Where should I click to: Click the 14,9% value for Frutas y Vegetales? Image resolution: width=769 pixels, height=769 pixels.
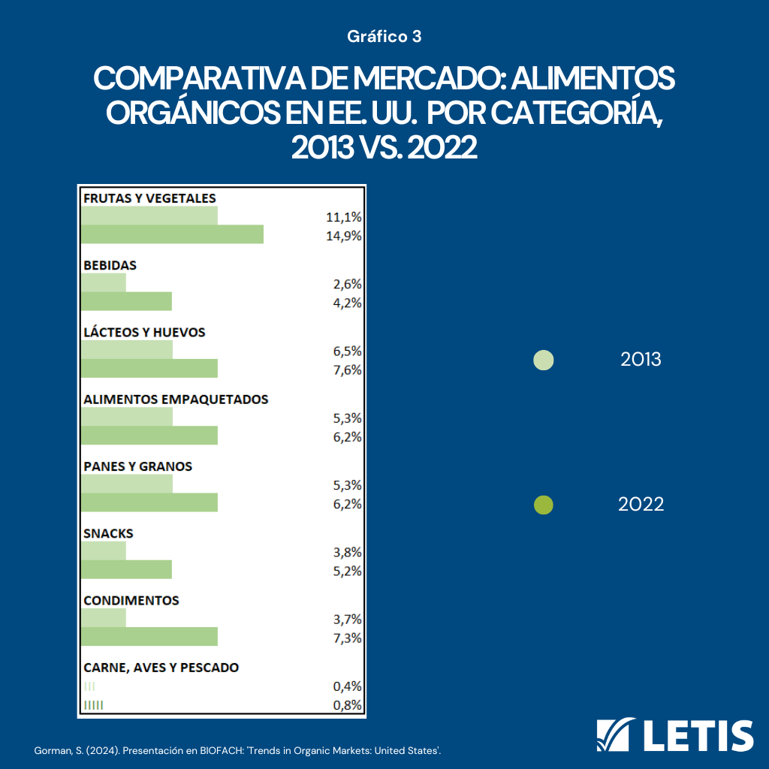(x=345, y=236)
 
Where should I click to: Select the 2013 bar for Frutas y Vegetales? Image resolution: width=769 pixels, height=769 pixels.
(x=149, y=216)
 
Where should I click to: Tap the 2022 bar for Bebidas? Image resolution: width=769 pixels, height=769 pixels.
(x=126, y=301)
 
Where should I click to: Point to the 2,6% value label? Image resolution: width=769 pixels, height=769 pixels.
(x=348, y=285)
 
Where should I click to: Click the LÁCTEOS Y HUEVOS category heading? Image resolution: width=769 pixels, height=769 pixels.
(x=144, y=332)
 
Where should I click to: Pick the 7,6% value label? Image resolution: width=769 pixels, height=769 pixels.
(x=348, y=369)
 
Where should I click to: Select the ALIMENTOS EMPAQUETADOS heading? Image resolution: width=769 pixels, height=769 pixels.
(x=176, y=400)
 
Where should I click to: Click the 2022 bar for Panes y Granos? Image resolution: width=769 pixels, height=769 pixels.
(x=149, y=502)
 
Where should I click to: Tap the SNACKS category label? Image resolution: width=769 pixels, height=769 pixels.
(x=108, y=533)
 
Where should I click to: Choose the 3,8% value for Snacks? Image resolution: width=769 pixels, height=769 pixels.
(x=348, y=553)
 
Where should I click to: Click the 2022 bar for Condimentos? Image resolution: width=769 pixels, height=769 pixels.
(x=149, y=636)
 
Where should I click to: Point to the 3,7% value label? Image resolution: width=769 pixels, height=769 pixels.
(x=348, y=620)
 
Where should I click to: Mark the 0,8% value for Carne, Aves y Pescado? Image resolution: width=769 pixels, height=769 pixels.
(x=348, y=705)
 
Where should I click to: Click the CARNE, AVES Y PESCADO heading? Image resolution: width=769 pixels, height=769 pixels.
(x=161, y=667)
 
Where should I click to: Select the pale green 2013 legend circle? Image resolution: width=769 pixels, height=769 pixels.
(x=543, y=360)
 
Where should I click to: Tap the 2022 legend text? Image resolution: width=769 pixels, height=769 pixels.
(x=641, y=505)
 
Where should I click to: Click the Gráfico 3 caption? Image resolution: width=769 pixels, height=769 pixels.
(x=384, y=36)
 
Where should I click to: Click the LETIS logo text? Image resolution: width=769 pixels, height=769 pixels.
(x=699, y=735)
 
